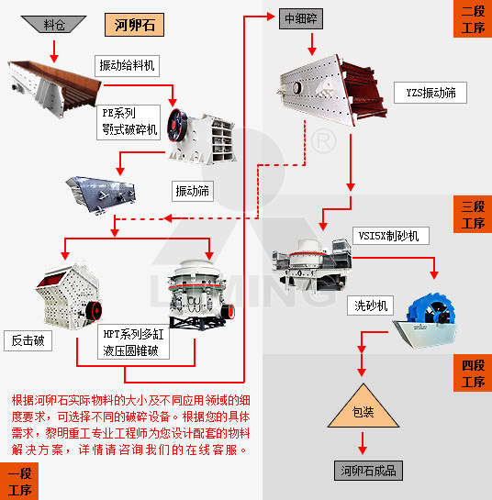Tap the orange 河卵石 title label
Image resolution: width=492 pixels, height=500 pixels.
[134, 25]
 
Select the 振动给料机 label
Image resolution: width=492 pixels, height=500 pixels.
[128, 65]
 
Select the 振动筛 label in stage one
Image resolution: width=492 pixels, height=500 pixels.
[194, 191]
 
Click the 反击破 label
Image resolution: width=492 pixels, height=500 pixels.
[28, 341]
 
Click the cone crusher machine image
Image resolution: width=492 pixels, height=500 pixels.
[196, 294]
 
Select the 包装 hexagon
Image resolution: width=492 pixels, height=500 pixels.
[362, 412]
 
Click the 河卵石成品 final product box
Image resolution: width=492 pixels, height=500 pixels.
[367, 471]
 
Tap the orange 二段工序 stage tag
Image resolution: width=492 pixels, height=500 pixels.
[473, 18]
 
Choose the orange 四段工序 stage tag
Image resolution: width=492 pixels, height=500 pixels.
[473, 373]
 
